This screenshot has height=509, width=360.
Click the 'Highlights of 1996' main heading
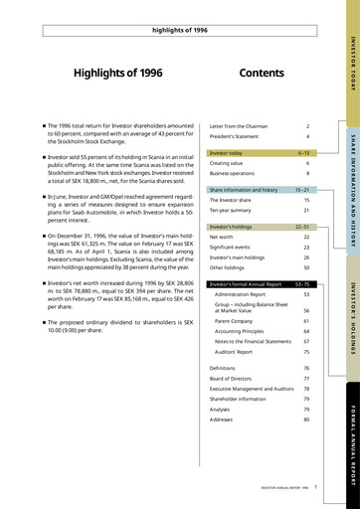click(117, 74)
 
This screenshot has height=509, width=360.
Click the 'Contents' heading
click(262, 74)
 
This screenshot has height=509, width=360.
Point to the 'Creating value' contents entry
click(230, 163)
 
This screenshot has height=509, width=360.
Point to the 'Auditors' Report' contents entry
click(240, 352)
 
